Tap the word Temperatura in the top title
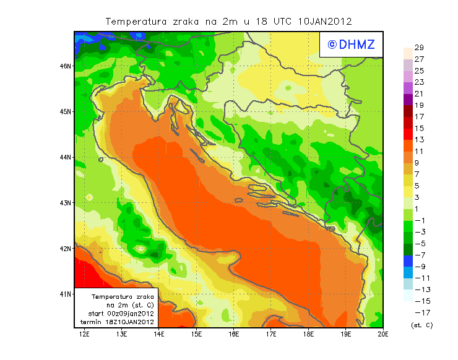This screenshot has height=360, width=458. pyautogui.click(x=136, y=21)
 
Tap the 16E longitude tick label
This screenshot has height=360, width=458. pyautogui.click(x=234, y=335)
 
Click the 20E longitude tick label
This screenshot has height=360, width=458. pyautogui.click(x=383, y=335)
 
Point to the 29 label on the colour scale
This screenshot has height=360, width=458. pyautogui.click(x=419, y=48)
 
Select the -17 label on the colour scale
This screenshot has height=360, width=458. pyautogui.click(x=418, y=312)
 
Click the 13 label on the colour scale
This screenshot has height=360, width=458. pyautogui.click(x=419, y=140)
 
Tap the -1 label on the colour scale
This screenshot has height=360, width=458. pyautogui.click(x=418, y=220)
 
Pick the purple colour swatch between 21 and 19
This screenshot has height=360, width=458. pyautogui.click(x=408, y=99)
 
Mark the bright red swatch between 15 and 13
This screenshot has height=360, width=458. pyautogui.click(x=408, y=134)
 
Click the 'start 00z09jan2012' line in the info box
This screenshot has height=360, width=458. pyautogui.click(x=121, y=314)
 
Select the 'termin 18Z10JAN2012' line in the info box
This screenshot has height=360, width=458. pyautogui.click(x=121, y=322)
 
